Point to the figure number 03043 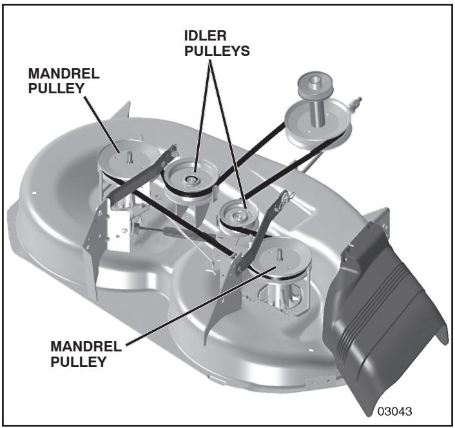(397, 411)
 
